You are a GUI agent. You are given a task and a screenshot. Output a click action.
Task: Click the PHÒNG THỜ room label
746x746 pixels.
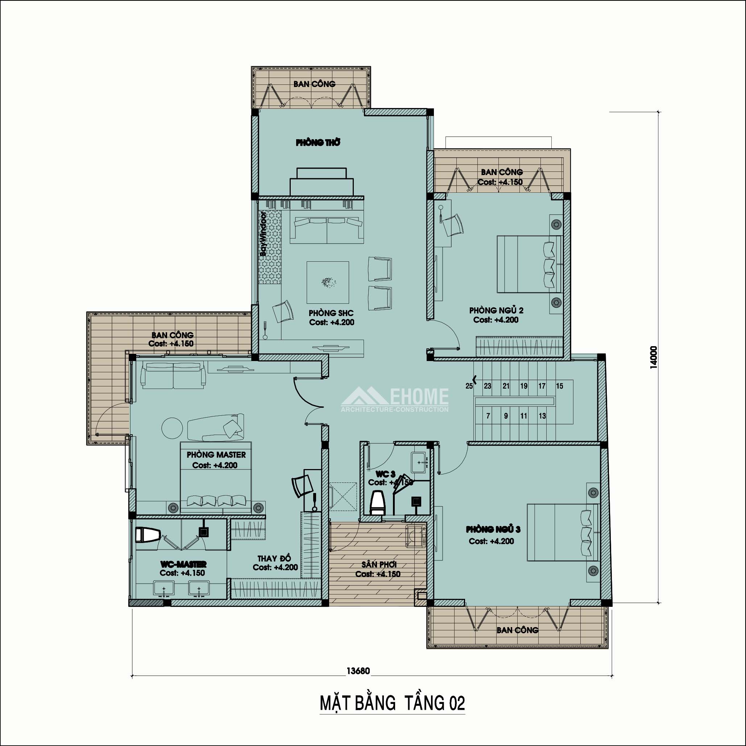pos(318,142)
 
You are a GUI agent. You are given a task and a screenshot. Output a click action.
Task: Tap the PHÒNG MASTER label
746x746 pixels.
pos(216,455)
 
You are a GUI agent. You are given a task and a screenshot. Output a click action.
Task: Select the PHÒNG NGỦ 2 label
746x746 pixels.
pos(496,310)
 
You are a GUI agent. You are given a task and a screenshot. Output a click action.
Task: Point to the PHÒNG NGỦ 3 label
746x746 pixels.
pos(493,529)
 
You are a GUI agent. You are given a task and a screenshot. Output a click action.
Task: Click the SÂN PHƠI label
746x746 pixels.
pos(379,564)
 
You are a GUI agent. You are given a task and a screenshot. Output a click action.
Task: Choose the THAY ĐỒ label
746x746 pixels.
pos(274,558)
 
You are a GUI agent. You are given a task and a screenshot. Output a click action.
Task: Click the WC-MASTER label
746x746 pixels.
pos(183,564)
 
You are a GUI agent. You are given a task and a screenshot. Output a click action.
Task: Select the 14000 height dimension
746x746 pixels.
pos(653,357)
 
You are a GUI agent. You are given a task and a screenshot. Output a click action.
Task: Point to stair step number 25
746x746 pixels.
pos(469,386)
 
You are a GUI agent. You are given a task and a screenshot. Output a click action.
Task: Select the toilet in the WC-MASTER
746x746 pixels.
pos(148,535)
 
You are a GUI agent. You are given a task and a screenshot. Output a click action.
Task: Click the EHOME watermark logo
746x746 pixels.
pos(395,399)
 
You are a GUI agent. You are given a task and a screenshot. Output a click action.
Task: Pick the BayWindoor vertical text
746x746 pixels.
pos(263,233)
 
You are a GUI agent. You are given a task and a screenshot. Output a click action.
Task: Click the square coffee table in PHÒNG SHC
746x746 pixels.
pos(328,282)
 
